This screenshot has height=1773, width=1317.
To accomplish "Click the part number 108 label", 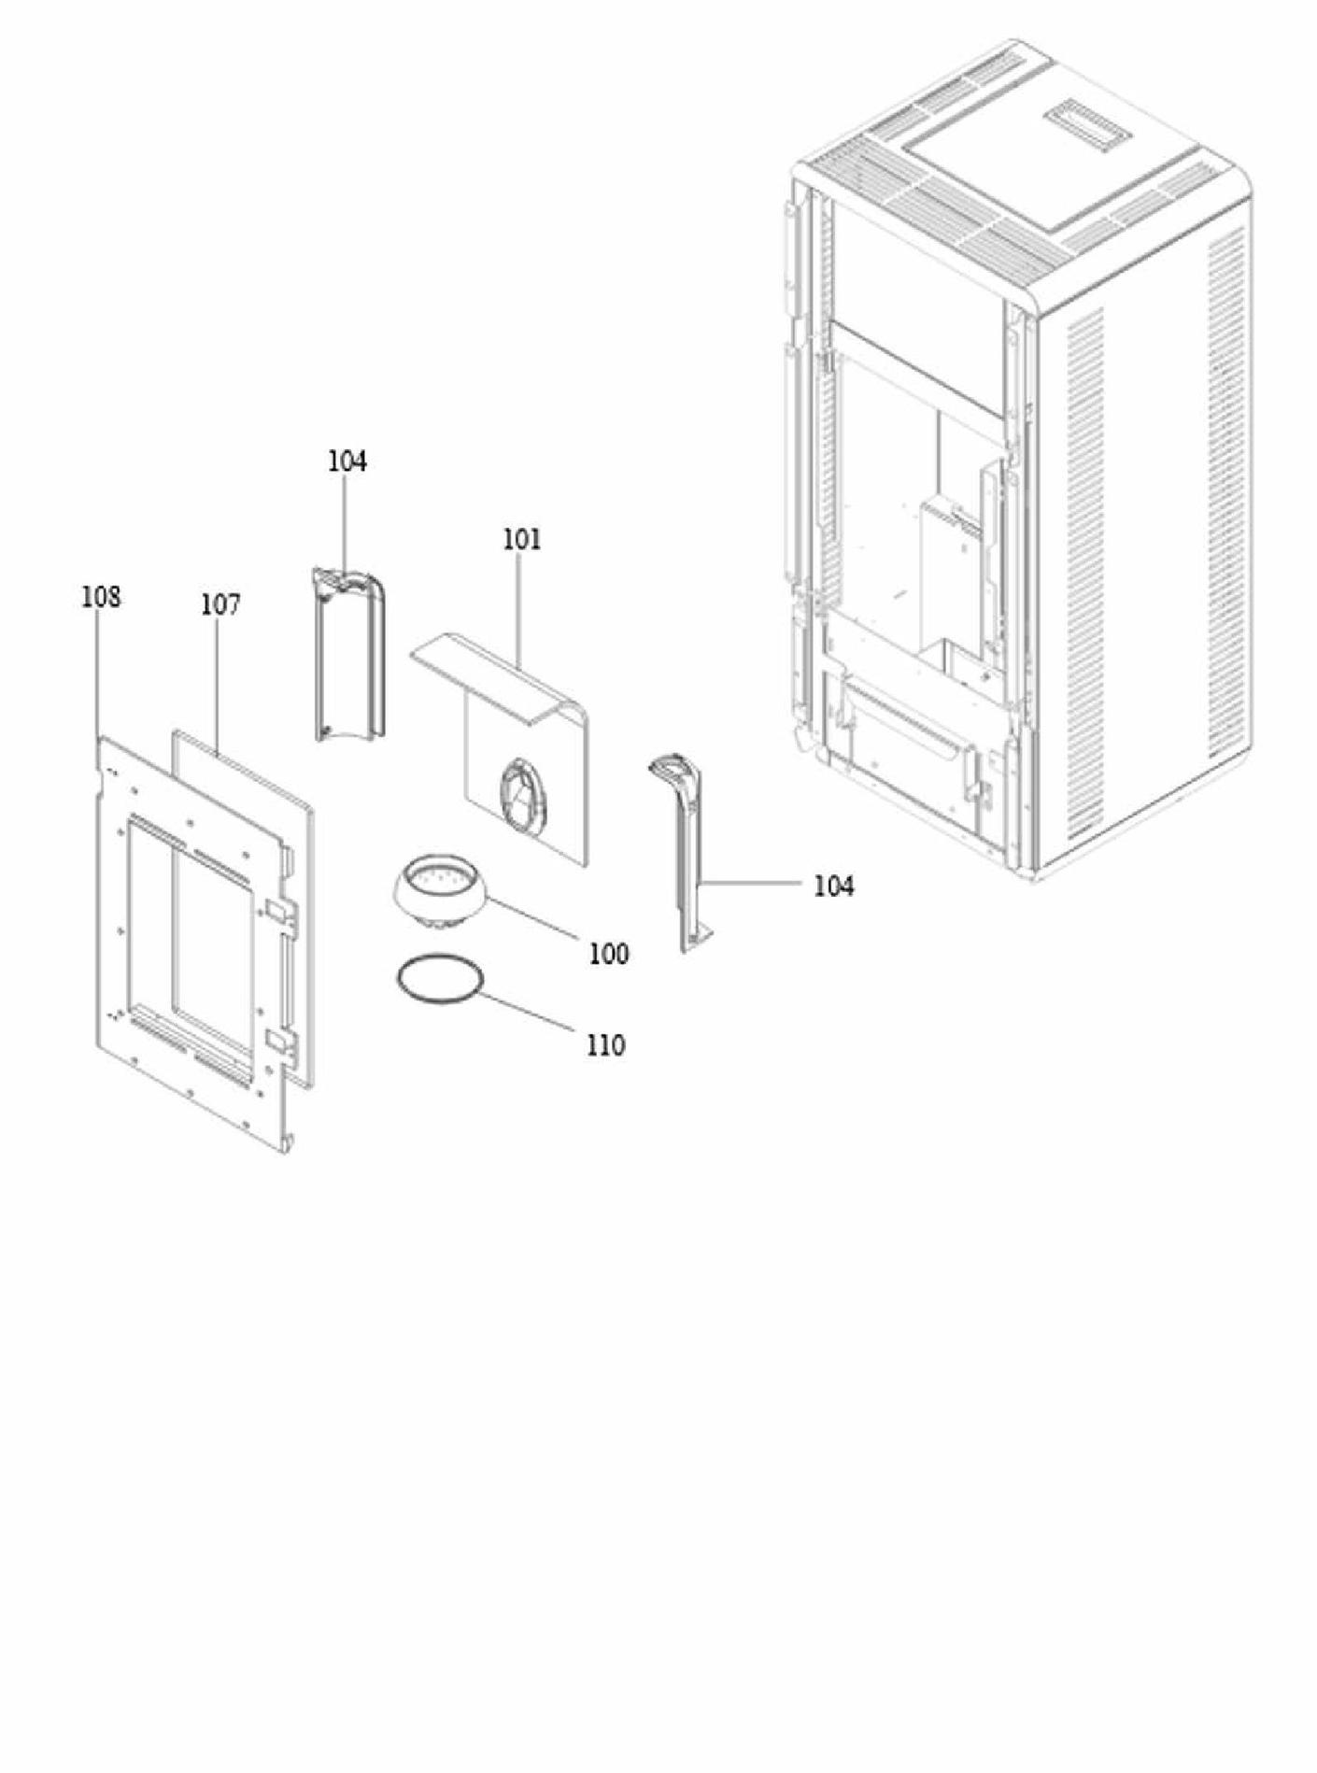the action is (x=101, y=597).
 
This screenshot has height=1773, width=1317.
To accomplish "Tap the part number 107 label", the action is (x=220, y=605).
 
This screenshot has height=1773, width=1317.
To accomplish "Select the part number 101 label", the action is (x=522, y=540).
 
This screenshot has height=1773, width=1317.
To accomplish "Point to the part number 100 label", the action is (x=608, y=954).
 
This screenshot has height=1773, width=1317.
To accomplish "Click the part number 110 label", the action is (x=606, y=1045).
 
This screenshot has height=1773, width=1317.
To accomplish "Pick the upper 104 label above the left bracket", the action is (x=347, y=461).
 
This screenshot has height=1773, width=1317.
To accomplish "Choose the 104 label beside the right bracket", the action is (x=834, y=886).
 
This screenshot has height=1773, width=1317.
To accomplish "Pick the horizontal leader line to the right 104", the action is (x=756, y=881).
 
